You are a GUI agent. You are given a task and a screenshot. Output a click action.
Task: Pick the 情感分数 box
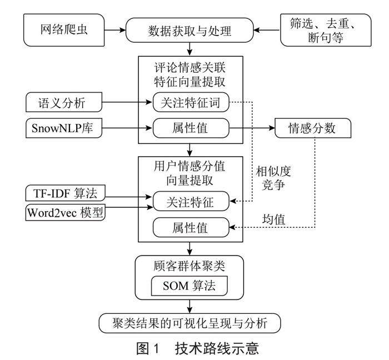click(x=313, y=129)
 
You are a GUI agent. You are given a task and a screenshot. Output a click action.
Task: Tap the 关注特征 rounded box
click(x=191, y=200)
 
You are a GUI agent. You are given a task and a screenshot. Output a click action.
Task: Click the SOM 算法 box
click(x=190, y=287)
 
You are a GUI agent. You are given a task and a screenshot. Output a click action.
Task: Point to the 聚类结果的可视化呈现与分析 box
click(x=190, y=322)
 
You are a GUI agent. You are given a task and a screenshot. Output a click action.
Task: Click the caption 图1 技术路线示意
click(x=197, y=348)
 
